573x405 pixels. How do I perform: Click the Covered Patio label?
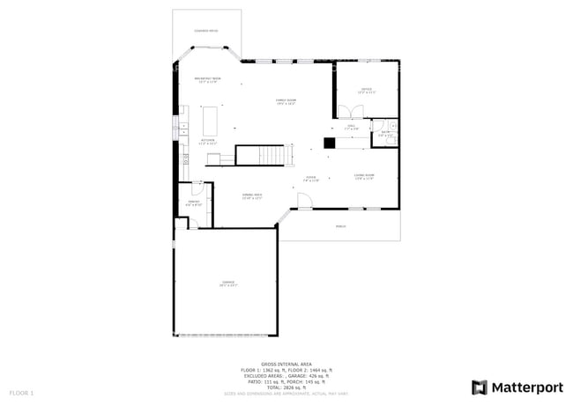[x=206, y=32]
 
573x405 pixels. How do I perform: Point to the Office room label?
[x=366, y=90]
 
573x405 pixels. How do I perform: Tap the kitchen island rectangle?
[x=211, y=119]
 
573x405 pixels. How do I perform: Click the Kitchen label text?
[x=208, y=141]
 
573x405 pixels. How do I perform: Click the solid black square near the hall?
[x=329, y=143]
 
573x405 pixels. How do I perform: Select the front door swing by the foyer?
[x=304, y=202]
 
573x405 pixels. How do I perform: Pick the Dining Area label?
[x=252, y=196]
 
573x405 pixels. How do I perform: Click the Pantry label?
[x=194, y=202]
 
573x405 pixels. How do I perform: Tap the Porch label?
[x=340, y=226]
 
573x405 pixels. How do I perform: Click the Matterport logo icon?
[x=480, y=387]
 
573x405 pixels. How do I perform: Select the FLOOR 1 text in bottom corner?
[x=21, y=392]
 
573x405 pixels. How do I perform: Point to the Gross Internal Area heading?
[x=286, y=363]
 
